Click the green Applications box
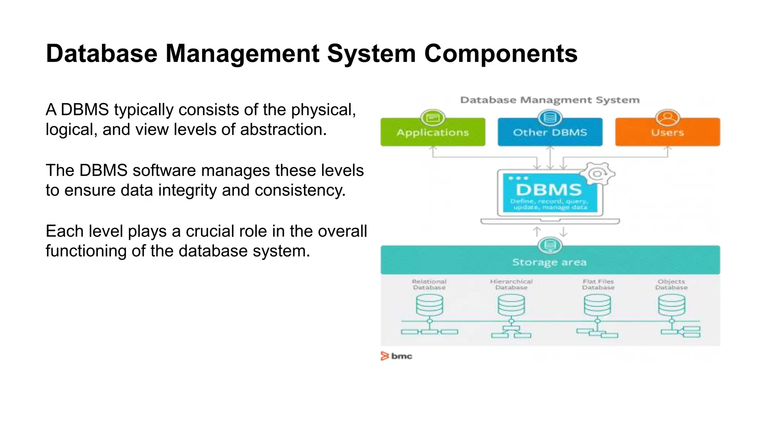click(432, 133)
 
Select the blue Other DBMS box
click(550, 133)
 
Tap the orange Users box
click(667, 133)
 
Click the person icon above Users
click(667, 117)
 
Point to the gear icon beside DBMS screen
click(597, 173)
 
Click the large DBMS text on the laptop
click(549, 190)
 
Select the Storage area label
click(549, 262)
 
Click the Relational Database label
click(429, 284)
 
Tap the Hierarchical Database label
click(511, 284)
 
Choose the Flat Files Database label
click(598, 284)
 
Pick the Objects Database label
click(671, 284)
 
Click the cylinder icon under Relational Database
click(429, 305)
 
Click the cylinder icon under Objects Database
click(671, 305)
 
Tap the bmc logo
click(396, 356)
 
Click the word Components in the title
click(501, 54)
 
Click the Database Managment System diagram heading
click(550, 100)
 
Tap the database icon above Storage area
click(550, 245)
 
